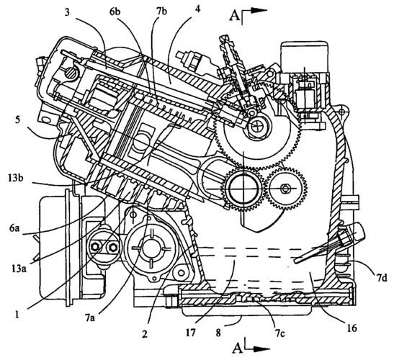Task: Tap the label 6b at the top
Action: [122, 12]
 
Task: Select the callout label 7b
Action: [161, 12]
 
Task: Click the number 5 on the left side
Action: [17, 120]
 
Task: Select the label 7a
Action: [90, 318]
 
